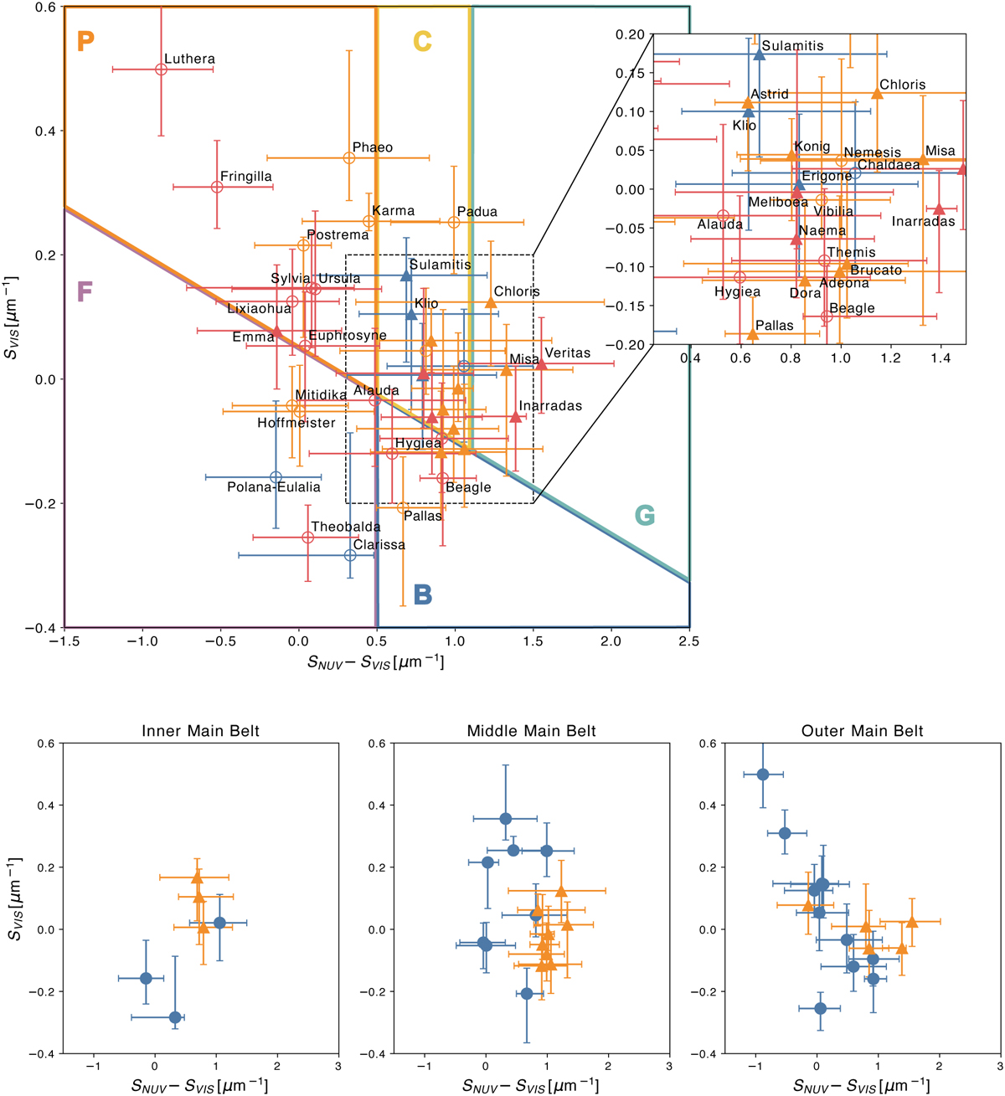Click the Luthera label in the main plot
click(189, 59)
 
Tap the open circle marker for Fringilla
click(217, 187)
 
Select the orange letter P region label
click(85, 41)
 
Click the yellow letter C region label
click(422, 41)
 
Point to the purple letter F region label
click(84, 291)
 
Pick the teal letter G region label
click(644, 516)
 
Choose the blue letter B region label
click(423, 595)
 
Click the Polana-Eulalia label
click(274, 487)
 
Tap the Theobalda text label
click(346, 527)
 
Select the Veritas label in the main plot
click(567, 353)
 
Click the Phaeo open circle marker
click(349, 158)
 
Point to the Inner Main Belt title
click(201, 731)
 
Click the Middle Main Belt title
click(532, 731)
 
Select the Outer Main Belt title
click(863, 731)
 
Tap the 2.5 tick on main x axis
click(688, 641)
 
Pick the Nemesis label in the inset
click(873, 152)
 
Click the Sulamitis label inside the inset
click(792, 46)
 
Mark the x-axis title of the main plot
click(375, 662)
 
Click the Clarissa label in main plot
click(379, 545)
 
